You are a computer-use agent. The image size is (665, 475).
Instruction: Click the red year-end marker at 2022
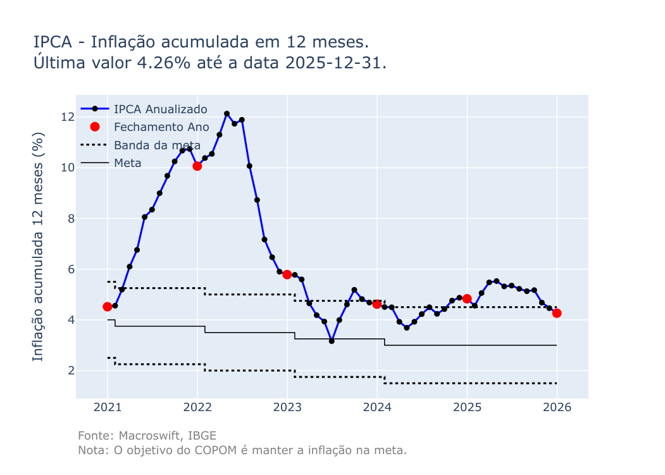[x=197, y=166]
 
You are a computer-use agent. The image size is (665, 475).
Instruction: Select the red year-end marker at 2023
[x=287, y=275]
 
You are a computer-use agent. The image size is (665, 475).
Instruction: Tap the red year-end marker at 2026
[x=557, y=313]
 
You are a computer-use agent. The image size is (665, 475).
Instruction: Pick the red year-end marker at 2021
[x=108, y=307]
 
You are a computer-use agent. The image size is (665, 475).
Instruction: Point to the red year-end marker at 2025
[x=467, y=299]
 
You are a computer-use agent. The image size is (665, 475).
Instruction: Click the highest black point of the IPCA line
[x=227, y=114]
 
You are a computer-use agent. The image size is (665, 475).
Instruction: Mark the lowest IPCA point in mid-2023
[x=332, y=341]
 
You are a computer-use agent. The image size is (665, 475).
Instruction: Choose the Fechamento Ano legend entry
[x=161, y=127]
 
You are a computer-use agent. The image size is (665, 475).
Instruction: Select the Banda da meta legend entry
[x=157, y=145]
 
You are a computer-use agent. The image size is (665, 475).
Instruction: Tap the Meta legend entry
[x=127, y=163]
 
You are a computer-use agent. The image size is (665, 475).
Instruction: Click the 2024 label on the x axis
[x=377, y=407]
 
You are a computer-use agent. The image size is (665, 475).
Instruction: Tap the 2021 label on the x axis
[x=108, y=407]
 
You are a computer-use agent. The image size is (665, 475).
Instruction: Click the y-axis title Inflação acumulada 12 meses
[x=39, y=247]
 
